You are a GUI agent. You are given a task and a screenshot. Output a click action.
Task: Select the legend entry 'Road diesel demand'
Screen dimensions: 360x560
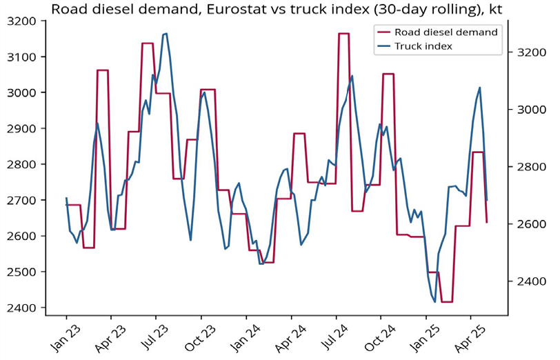click(446, 32)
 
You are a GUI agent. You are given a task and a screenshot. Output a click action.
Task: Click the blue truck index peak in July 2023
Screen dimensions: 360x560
click(165, 33)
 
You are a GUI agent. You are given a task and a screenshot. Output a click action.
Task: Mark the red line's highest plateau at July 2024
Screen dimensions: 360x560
click(343, 33)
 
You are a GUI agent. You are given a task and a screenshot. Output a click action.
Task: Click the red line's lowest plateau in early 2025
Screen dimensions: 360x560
click(446, 301)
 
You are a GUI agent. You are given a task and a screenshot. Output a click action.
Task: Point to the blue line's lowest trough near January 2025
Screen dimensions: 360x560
click(434, 301)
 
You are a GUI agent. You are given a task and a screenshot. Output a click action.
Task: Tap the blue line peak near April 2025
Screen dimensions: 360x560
click(480, 88)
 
